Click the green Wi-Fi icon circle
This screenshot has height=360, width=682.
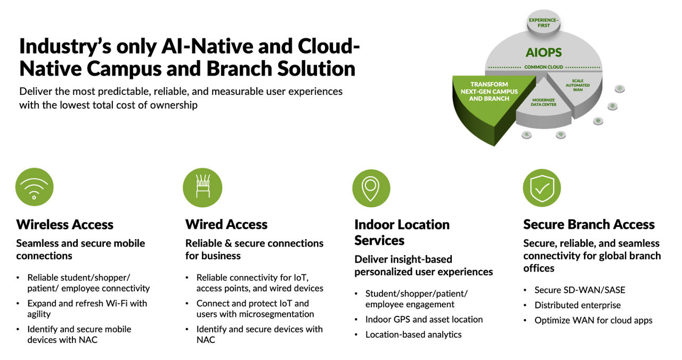click(x=35, y=187)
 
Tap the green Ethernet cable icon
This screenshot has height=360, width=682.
click(x=202, y=187)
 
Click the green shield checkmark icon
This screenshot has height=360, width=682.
click(x=542, y=187)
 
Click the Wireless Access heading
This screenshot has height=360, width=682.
click(x=64, y=224)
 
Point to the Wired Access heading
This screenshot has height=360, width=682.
click(x=226, y=224)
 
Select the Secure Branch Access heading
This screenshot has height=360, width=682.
click(x=589, y=224)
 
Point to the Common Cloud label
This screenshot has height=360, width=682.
click(x=543, y=67)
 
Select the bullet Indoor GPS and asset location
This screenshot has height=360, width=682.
click(x=424, y=320)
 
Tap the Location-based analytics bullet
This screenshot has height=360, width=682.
click(x=413, y=334)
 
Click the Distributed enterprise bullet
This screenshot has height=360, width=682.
click(x=578, y=305)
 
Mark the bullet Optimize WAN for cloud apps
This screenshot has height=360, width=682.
click(x=593, y=320)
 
